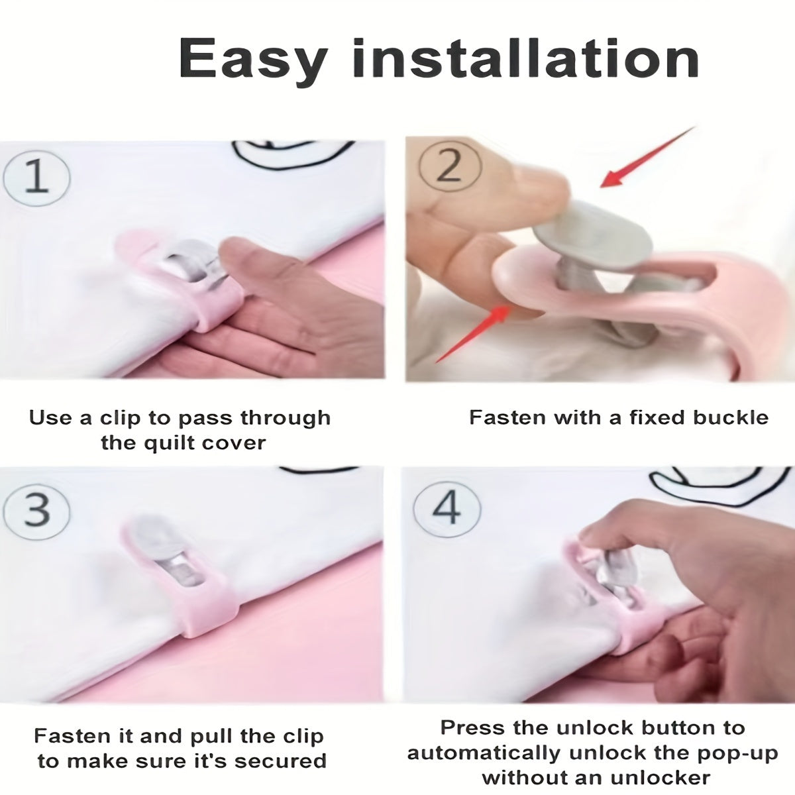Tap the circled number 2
click(450, 166)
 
